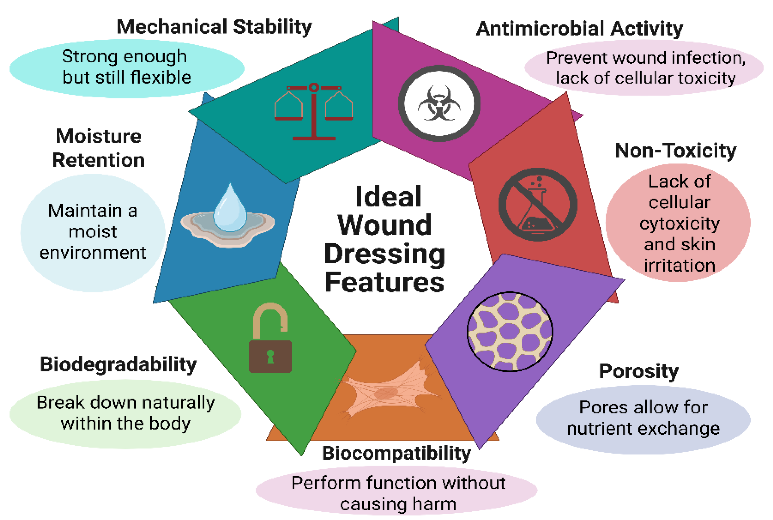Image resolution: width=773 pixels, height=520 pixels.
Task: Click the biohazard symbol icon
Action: (439, 103)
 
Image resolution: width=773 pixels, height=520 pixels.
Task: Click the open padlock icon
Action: (270, 338)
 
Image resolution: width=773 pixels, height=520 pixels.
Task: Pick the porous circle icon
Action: (510, 332)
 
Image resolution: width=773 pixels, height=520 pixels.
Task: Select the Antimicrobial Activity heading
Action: (579, 29)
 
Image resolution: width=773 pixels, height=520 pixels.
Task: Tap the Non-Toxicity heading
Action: (676, 151)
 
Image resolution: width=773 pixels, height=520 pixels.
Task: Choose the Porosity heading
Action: (638, 371)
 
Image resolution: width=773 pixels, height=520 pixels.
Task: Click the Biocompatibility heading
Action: (396, 453)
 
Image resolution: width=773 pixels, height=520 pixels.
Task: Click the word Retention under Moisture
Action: (98, 160)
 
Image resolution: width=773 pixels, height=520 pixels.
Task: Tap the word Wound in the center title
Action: (384, 225)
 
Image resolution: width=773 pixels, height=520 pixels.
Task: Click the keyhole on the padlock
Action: (271, 356)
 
